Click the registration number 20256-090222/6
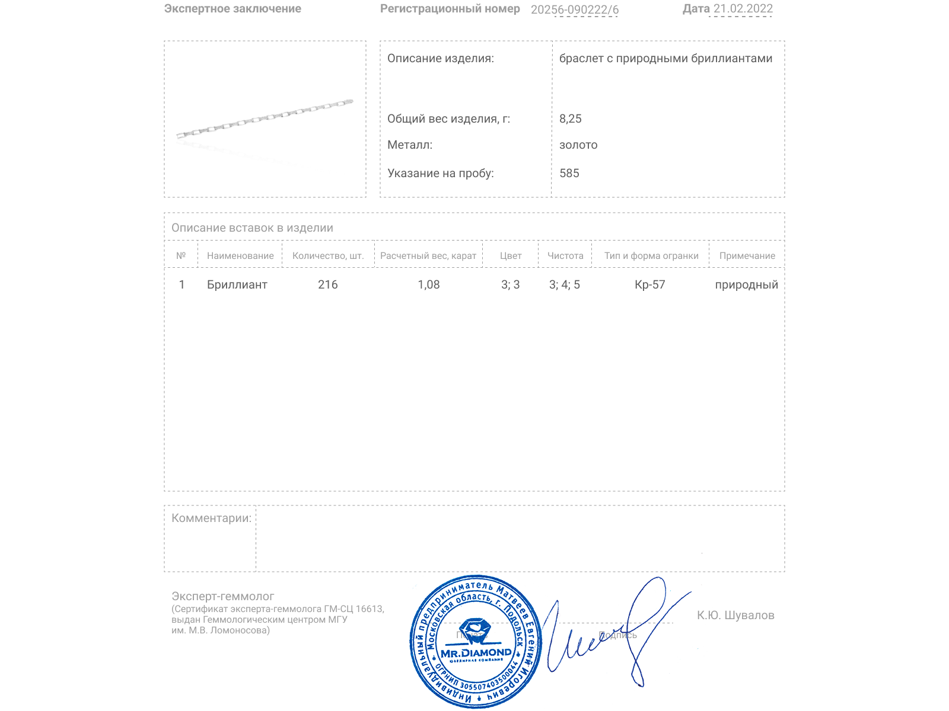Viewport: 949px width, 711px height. point(574,9)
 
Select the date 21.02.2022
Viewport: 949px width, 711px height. point(743,9)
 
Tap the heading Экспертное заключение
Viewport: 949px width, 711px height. point(233,9)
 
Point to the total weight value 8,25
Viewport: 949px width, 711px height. point(570,118)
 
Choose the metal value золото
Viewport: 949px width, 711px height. point(578,145)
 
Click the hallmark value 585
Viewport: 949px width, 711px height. point(569,174)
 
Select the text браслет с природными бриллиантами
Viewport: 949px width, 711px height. point(665,59)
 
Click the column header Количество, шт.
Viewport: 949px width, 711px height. point(328,256)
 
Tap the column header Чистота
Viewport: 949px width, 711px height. point(565,256)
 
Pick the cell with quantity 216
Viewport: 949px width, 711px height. point(327,285)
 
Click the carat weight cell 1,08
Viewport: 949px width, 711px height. point(428,285)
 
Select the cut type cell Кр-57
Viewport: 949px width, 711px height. point(649,285)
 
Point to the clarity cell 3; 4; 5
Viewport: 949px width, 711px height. point(564,285)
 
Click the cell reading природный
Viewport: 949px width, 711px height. point(746,285)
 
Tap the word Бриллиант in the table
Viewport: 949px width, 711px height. point(237,285)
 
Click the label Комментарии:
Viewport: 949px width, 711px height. point(211,518)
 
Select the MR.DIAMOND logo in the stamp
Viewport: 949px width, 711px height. point(476,652)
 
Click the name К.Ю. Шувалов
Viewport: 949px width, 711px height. point(735,616)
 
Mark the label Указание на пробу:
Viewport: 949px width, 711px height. point(440,174)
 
